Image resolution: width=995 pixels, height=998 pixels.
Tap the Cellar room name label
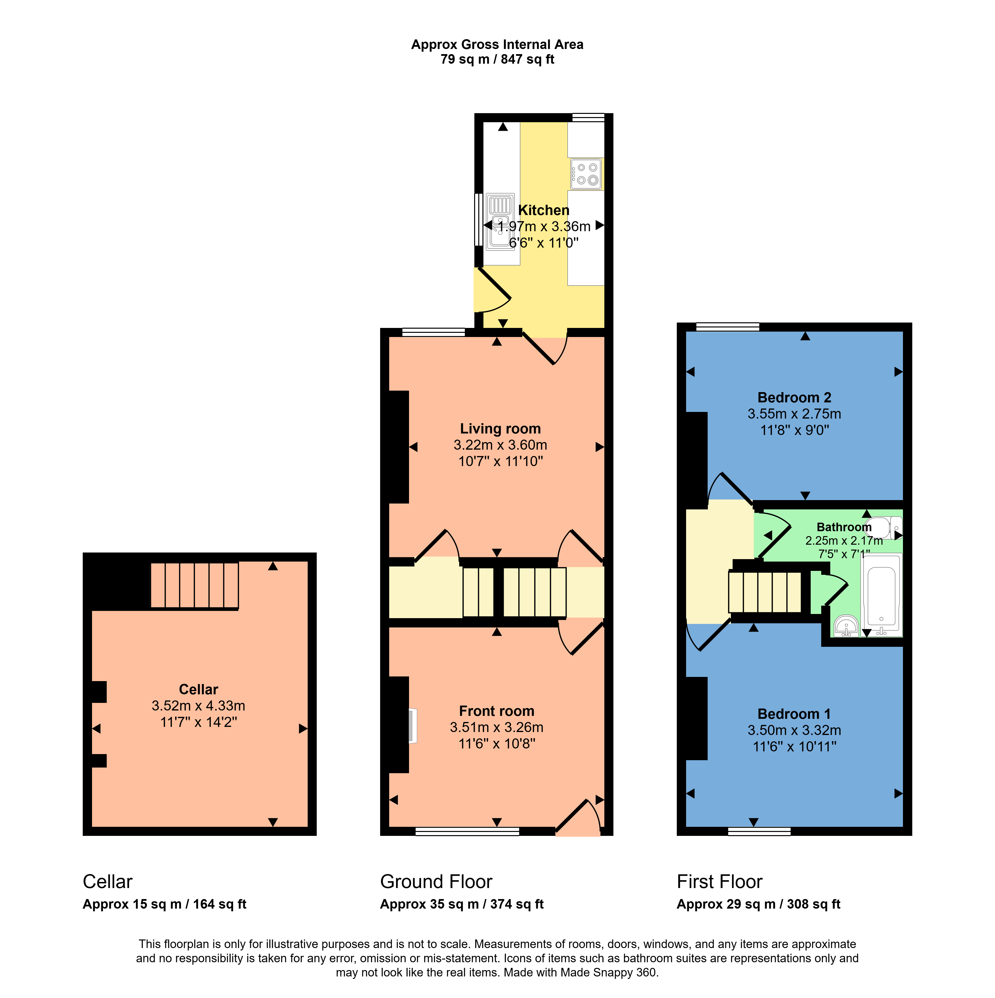[198, 689]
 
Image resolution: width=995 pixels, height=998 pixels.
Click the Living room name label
[500, 429]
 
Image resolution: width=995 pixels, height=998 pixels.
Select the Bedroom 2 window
[727, 326]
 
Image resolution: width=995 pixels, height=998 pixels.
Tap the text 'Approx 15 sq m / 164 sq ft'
[164, 904]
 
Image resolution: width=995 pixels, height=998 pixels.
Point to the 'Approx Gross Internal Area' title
[497, 44]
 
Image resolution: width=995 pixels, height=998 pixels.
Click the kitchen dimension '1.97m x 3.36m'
[544, 226]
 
